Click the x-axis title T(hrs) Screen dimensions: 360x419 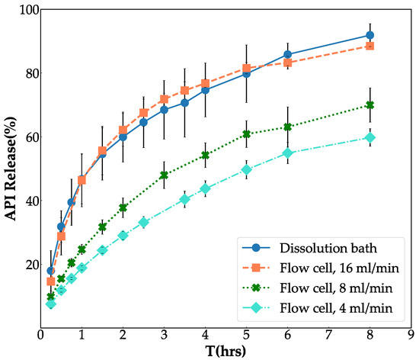pyautogui.click(x=225, y=350)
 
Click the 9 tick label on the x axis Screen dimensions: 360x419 pyautogui.click(x=411, y=335)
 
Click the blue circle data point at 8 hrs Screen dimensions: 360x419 pyautogui.click(x=369, y=35)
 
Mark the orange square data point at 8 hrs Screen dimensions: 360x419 pyautogui.click(x=369, y=47)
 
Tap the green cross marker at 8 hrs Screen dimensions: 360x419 pyautogui.click(x=369, y=105)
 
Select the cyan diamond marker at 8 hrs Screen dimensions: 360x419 pyautogui.click(x=369, y=137)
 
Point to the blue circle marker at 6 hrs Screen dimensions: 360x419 pyautogui.click(x=287, y=55)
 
